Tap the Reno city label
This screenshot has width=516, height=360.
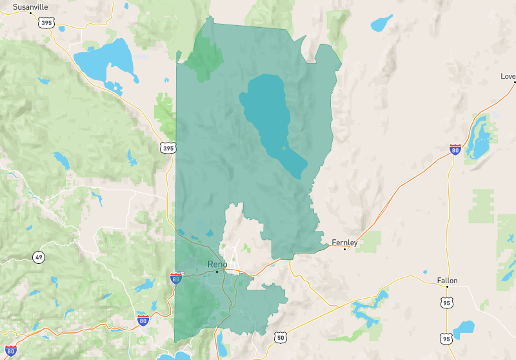[218, 265]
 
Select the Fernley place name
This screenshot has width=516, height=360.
[344, 243]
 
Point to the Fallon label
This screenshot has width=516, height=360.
[447, 281]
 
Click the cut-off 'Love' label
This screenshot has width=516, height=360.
[508, 76]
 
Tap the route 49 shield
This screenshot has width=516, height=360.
[39, 257]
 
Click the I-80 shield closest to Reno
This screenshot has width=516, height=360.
[175, 278]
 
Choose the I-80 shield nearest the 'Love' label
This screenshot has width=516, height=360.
[455, 150]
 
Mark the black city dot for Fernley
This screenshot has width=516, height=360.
[345, 249]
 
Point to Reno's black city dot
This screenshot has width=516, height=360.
[217, 272]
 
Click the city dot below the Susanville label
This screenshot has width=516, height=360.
[31, 12]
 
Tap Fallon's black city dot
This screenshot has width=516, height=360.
[448, 288]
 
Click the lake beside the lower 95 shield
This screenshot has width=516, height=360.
[464, 329]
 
